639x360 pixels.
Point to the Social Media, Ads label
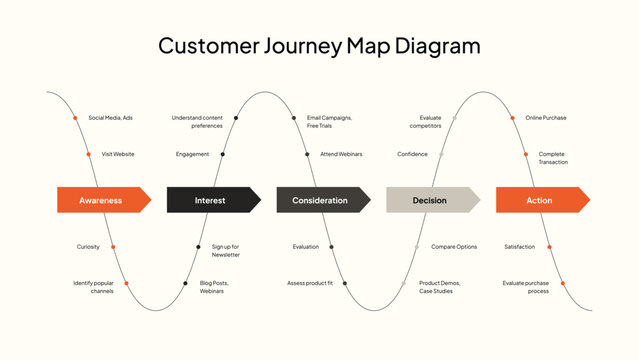click(x=110, y=118)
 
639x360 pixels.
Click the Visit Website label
click(x=117, y=154)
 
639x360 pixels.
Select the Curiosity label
click(x=88, y=246)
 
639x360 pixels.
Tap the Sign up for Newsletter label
click(x=225, y=250)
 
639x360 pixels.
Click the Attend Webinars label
click(x=341, y=154)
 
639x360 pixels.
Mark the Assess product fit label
click(x=310, y=283)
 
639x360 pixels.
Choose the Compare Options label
click(x=453, y=246)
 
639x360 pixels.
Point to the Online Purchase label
click(x=545, y=118)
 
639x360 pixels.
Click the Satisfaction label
click(x=520, y=246)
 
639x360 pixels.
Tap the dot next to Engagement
click(x=222, y=154)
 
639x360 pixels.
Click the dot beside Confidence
click(x=441, y=154)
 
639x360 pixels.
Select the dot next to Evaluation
click(x=331, y=246)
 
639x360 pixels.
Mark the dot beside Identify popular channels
click(x=126, y=283)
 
